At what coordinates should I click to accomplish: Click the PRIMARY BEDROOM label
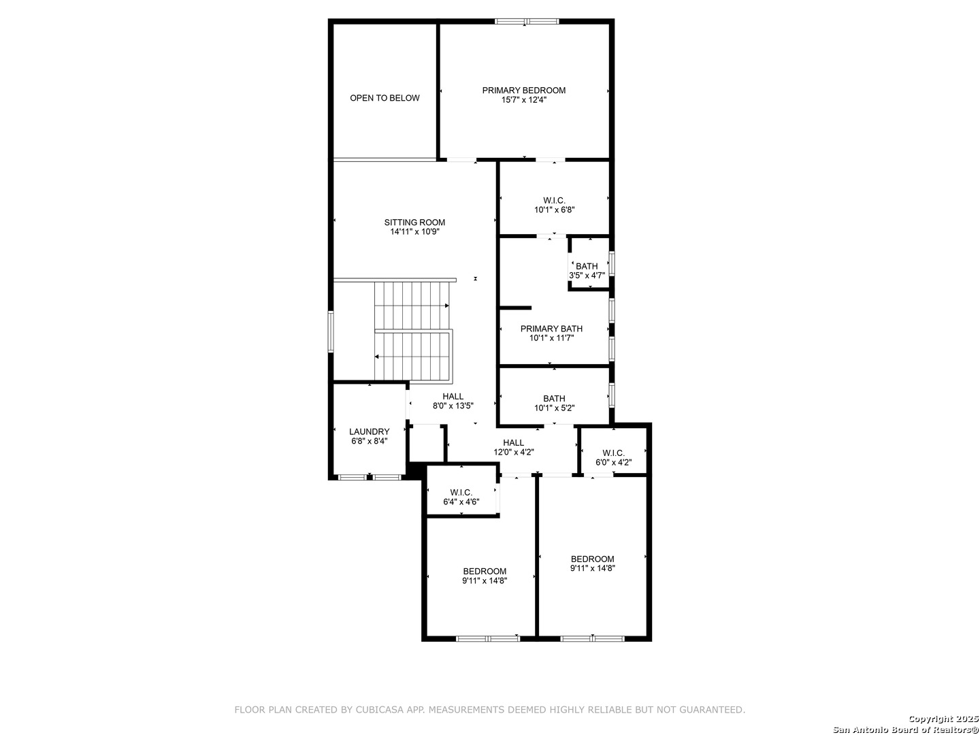[524, 90]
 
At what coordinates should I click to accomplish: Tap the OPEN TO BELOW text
[385, 98]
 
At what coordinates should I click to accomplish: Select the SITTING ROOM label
[414, 223]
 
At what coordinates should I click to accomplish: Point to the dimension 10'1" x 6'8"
[554, 210]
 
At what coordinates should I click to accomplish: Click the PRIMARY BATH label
[551, 329]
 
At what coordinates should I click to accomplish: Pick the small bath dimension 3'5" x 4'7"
[587, 276]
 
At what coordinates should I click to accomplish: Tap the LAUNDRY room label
[370, 431]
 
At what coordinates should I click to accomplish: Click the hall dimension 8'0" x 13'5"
[453, 406]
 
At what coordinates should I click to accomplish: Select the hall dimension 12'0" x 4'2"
[513, 452]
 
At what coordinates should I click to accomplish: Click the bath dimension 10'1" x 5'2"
[554, 408]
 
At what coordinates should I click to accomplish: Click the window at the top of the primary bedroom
[526, 21]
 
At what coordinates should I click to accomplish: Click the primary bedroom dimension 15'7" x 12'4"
[524, 99]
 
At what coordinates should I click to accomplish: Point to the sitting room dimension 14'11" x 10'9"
[414, 231]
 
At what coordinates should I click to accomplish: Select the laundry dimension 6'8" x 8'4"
[370, 441]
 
